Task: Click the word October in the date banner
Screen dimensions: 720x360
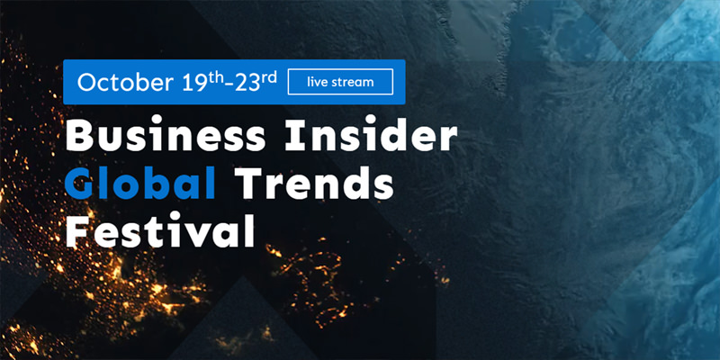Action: (125, 82)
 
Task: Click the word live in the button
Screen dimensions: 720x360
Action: (318, 83)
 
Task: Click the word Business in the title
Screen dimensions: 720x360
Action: (166, 137)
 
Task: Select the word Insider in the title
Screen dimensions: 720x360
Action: (371, 137)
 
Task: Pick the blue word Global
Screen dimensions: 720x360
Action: (140, 184)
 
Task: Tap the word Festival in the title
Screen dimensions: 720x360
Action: (160, 231)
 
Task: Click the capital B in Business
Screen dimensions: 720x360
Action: (77, 137)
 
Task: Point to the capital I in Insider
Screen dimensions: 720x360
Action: (291, 137)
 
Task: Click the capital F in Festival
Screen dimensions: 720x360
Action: (76, 231)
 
